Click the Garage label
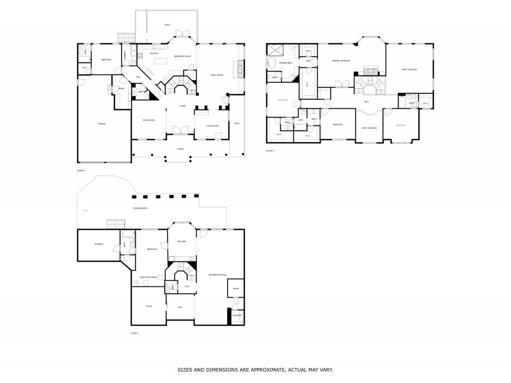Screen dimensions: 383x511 coord(101,124)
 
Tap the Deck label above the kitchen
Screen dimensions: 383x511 coord(167,25)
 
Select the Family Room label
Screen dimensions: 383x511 coord(217,75)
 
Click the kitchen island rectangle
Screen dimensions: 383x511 coord(161,61)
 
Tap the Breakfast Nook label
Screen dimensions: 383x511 coord(182,56)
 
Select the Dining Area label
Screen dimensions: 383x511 coord(149,120)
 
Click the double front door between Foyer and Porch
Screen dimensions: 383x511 coord(180,131)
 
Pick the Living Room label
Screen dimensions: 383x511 coord(213,126)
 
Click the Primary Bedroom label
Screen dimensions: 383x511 coord(341,61)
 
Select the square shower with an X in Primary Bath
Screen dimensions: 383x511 coord(275,49)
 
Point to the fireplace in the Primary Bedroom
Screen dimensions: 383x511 coord(370,71)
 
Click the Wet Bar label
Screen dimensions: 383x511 coord(182,241)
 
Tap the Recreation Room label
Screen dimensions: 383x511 coord(218,275)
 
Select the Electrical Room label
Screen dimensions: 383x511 coord(148,277)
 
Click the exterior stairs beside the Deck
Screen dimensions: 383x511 coord(126,38)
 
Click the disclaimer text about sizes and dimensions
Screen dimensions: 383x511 coord(255,370)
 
